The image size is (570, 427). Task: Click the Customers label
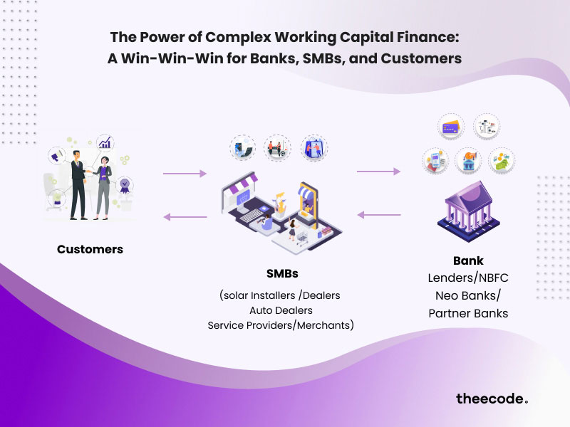point(90,249)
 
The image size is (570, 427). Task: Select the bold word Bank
point(468,260)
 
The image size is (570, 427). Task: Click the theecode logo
point(492,399)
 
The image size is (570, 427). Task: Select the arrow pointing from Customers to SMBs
point(185,173)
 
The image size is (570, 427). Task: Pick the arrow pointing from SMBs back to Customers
point(185,217)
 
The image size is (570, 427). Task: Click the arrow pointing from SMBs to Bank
point(378,172)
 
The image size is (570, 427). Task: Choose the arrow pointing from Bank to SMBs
point(378,214)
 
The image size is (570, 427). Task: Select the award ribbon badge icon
point(125,186)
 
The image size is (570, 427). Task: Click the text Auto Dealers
point(281,310)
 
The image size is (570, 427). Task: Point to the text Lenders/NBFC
point(468,278)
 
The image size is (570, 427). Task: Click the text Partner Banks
point(468,313)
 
